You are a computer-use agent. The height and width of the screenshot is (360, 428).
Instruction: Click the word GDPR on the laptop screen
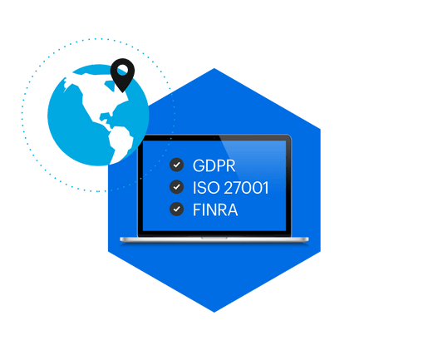pos(214,165)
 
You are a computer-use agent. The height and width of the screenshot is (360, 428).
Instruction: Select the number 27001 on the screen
pos(246,188)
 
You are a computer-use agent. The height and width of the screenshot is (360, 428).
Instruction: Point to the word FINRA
pos(215,210)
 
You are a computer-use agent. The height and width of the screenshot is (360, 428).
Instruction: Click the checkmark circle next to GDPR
pos(176,165)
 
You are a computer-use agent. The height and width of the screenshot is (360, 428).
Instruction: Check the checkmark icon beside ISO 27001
pos(176,187)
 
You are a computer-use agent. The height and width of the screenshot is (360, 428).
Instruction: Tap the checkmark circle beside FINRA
pos(176,209)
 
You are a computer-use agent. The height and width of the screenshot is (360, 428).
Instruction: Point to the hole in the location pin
pos(122,70)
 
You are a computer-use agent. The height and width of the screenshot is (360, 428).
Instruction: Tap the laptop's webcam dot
pos(214,138)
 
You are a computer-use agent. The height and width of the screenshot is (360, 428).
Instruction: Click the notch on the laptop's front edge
pos(214,238)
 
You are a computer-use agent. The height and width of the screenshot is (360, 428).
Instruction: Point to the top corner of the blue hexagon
pos(214,68)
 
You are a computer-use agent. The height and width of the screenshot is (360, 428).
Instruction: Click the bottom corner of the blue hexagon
pos(214,313)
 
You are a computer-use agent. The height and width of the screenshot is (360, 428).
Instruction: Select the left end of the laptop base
pos(121,239)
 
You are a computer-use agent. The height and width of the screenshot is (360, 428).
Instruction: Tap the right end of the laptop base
pos(307,239)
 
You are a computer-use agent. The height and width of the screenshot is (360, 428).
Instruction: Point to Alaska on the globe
pos(69,81)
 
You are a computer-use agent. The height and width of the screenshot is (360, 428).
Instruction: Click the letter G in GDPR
pos(199,165)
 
